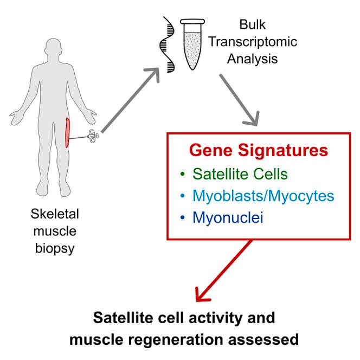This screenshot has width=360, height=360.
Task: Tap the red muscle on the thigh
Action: [x=68, y=132]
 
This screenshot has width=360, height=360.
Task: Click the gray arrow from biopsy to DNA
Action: [x=130, y=103]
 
